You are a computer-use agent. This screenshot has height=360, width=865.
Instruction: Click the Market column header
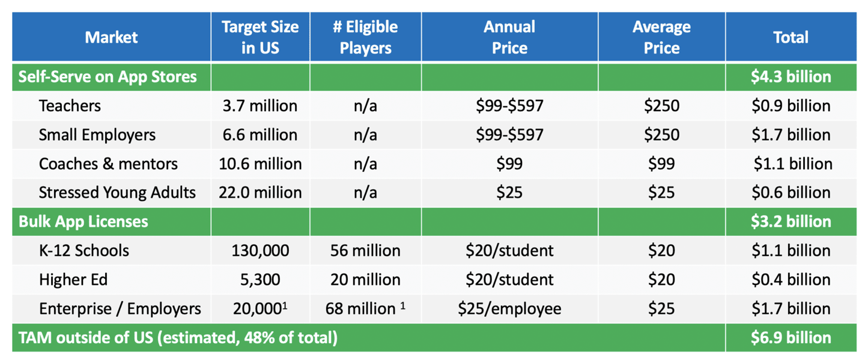click(111, 37)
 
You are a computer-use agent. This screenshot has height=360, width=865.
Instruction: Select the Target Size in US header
click(260, 37)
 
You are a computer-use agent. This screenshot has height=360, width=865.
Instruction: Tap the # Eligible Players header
click(365, 37)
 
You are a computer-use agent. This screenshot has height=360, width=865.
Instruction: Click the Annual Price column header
click(509, 37)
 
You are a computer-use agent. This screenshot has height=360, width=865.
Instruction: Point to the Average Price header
click(661, 37)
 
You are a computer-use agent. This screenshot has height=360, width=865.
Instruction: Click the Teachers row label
click(70, 106)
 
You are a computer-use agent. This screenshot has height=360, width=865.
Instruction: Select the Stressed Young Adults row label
click(117, 192)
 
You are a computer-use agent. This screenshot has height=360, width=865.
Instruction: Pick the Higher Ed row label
click(73, 279)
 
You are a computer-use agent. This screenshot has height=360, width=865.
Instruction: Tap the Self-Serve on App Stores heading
click(108, 77)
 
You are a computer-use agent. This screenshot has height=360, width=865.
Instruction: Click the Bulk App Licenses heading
click(83, 222)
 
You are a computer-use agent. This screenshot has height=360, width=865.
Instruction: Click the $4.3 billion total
click(791, 77)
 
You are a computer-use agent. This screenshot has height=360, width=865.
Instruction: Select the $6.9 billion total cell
click(791, 338)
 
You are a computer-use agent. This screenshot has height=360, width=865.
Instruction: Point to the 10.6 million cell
click(260, 164)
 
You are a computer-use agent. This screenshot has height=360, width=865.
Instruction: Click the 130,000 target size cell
click(260, 251)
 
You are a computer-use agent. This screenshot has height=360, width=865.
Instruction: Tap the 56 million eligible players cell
click(365, 251)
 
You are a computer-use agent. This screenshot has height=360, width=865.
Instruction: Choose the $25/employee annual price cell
click(509, 309)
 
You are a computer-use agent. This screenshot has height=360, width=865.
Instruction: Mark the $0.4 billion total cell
click(791, 279)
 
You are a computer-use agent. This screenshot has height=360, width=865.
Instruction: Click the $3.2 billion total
click(791, 222)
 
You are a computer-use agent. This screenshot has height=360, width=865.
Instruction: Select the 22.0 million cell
click(260, 192)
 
